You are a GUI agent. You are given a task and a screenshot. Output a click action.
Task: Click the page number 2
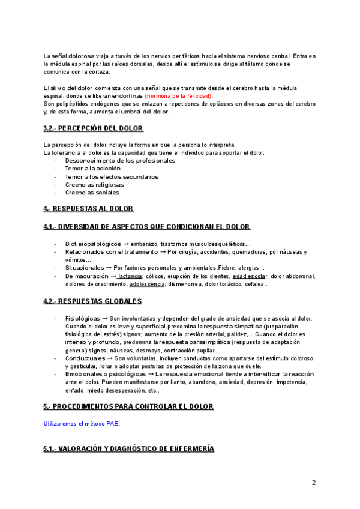pos(313,483)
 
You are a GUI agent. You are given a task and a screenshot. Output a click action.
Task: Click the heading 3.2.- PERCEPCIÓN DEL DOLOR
pos(93,128)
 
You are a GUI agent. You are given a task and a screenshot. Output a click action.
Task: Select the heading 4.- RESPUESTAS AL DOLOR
pos(88,208)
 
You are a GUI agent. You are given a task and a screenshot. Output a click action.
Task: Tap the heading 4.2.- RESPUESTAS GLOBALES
pos(92,301)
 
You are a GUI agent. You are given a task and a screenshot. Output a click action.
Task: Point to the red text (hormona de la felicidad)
pos(178,96)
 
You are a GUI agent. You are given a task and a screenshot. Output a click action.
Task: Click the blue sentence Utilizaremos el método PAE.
pos(82,423)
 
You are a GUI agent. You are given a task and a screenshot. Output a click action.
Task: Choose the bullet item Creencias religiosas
pos(95,185)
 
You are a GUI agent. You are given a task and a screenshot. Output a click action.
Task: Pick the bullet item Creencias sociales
pos(92,193)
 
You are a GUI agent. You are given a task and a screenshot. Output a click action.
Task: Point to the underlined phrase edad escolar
pos(250,276)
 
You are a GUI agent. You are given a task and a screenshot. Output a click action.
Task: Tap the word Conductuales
pos(83,358)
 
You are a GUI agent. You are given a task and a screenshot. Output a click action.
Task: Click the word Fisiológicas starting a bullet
pos(82,318)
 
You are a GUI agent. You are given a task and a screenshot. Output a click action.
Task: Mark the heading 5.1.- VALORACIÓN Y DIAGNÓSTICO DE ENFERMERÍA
pos(128,449)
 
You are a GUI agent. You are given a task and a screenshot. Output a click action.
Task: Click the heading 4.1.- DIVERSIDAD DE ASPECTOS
pos(147,227)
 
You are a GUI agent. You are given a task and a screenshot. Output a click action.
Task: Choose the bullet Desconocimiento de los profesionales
pos(120,161)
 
